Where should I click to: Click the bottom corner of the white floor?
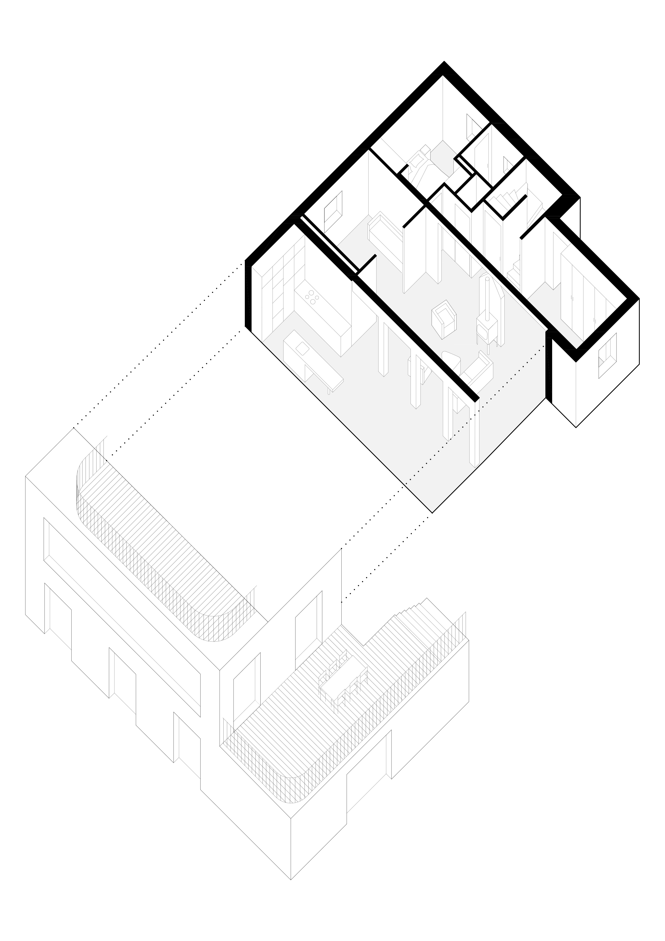[x=432, y=511]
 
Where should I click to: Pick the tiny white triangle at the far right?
[x=601, y=362]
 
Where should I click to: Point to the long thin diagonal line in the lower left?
[x=123, y=631]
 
